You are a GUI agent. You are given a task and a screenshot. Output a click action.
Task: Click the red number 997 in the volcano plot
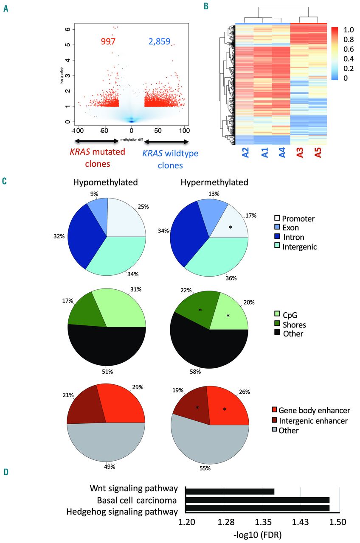[108, 41]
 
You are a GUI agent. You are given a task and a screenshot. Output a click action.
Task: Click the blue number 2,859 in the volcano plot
[159, 41]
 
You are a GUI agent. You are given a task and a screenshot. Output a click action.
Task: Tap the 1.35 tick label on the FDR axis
[264, 520]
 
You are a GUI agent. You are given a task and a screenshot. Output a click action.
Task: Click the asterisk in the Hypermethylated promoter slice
[230, 227]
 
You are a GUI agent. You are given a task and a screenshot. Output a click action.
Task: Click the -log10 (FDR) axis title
[263, 533]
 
